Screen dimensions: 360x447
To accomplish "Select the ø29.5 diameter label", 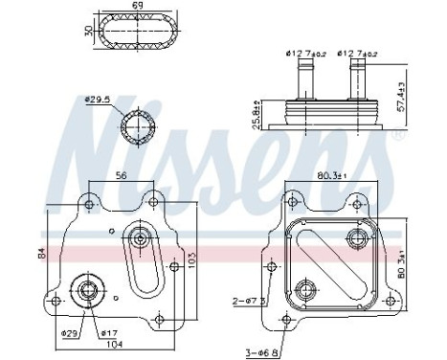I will click(x=97, y=99).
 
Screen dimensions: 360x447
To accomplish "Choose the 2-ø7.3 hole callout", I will click(x=246, y=300).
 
